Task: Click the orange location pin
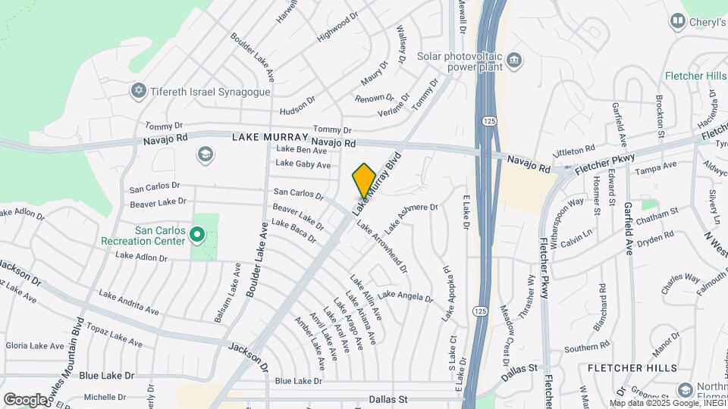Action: click(x=364, y=181)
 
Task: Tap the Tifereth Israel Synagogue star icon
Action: click(x=138, y=91)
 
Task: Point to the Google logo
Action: click(x=25, y=399)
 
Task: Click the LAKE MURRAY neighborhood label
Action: click(x=270, y=137)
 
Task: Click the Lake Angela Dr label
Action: click(x=405, y=296)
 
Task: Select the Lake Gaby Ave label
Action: click(x=303, y=164)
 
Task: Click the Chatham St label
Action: click(x=657, y=216)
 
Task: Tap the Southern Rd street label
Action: click(x=582, y=349)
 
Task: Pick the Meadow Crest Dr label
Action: click(x=506, y=332)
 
